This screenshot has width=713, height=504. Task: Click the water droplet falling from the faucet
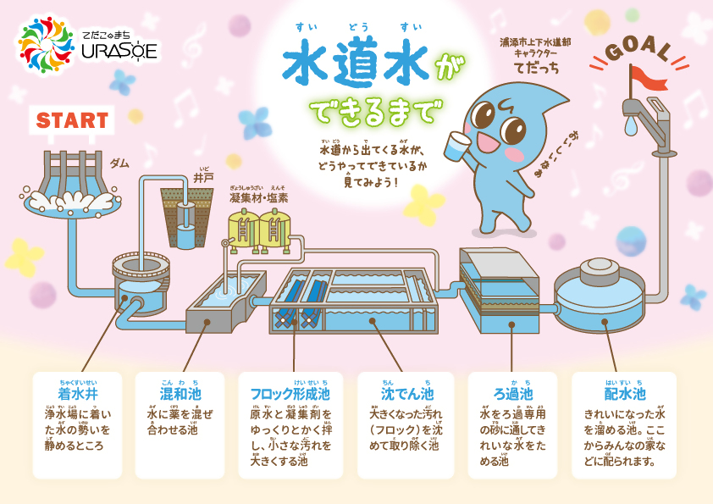click(632, 125)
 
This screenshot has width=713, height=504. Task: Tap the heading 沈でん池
click(406, 394)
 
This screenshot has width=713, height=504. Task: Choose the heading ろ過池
click(513, 394)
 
